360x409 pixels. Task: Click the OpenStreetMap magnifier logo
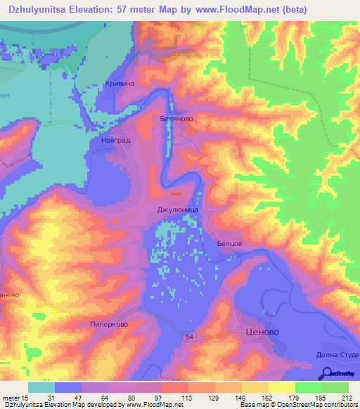tap(326, 373)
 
